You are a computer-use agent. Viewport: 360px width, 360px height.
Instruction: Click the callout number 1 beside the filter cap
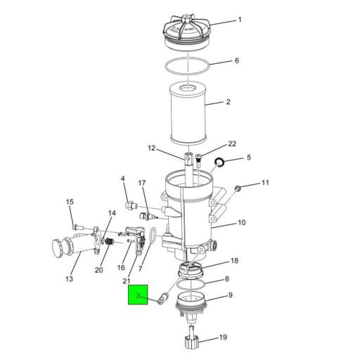240,20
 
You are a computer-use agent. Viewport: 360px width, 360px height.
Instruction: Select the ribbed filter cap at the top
188,33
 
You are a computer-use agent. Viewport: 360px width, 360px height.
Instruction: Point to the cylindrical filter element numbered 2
188,113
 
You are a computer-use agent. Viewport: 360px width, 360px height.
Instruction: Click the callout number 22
232,143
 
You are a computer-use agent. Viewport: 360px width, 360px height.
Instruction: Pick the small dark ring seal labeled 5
219,162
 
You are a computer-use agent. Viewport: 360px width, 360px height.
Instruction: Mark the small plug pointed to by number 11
238,188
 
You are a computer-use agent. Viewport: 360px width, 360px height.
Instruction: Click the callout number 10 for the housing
242,222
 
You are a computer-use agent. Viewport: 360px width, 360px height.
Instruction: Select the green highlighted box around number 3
138,295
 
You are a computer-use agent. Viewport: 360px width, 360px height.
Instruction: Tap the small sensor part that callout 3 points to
163,297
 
